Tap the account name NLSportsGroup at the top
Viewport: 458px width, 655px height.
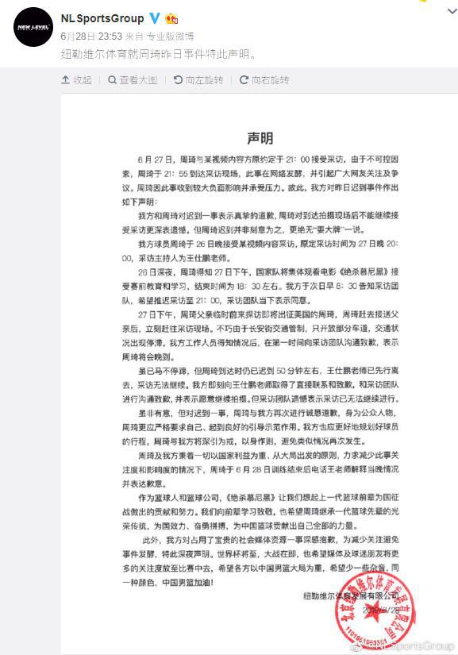pos(102,18)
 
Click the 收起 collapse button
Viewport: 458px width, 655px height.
pos(77,80)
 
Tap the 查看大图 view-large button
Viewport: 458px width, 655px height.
pos(133,80)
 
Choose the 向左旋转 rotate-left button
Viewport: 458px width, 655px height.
pos(198,80)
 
